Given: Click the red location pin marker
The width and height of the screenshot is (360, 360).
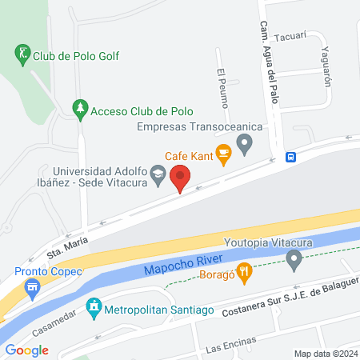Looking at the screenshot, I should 181,178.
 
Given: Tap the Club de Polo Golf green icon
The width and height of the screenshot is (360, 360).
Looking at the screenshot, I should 22,54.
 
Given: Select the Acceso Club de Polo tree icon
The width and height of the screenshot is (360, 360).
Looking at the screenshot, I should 79,108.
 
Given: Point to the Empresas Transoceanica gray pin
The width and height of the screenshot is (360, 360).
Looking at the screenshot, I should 246,144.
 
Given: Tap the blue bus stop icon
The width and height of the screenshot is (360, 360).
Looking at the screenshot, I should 292,157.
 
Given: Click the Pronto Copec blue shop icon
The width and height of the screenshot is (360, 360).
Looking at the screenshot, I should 32,287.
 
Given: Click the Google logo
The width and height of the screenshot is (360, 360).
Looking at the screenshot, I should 27,350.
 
